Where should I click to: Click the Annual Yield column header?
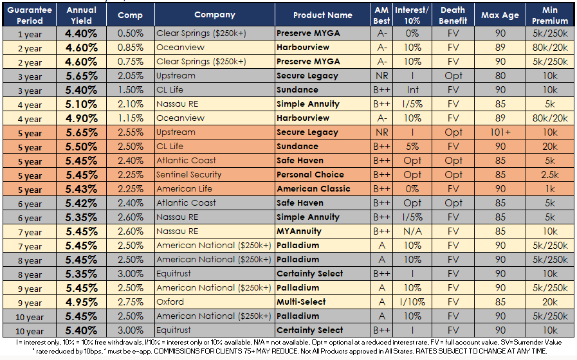click(81, 15)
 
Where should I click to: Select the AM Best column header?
click(381, 15)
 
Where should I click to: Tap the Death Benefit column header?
click(453, 15)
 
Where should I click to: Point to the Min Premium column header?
click(551, 15)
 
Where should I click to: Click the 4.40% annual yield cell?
click(81, 33)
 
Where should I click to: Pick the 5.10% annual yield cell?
click(81, 104)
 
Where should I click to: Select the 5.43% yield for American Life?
click(81, 188)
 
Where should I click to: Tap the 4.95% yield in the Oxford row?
click(81, 301)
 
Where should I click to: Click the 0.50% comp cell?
click(131, 33)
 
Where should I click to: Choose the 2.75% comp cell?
click(131, 301)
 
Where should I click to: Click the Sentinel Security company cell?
click(188, 174)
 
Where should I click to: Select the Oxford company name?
click(170, 301)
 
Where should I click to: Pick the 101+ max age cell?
click(500, 132)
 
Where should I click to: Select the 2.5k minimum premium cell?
click(551, 174)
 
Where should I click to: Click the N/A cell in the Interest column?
click(412, 231)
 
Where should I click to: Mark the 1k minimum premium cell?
click(551, 188)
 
